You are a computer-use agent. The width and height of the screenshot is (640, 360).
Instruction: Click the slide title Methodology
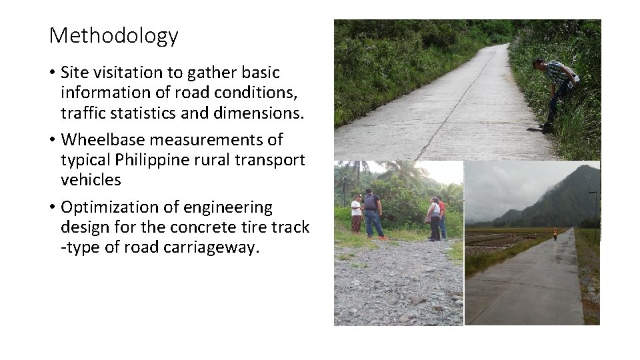pyautogui.click(x=113, y=35)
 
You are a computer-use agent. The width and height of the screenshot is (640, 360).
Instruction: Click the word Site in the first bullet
pyautogui.click(x=75, y=72)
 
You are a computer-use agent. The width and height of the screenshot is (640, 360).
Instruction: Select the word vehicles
pyautogui.click(x=91, y=180)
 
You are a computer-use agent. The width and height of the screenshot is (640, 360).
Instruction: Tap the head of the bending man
pyautogui.click(x=539, y=64)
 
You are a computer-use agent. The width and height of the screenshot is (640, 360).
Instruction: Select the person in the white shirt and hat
pyautogui.click(x=357, y=213)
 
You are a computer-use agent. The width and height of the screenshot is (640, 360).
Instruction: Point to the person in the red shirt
pyautogui.click(x=441, y=217)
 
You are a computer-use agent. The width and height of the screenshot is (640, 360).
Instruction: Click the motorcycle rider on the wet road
pyautogui.click(x=555, y=233)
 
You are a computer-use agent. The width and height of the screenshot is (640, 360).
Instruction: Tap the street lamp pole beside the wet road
pyautogui.click(x=595, y=213)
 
